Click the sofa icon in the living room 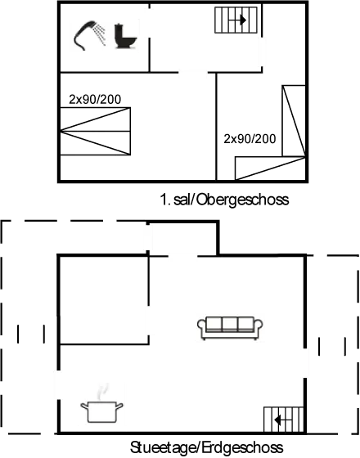[231, 326]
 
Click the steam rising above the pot [101, 389]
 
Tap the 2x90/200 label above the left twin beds [96, 98]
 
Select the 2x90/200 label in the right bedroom [250, 137]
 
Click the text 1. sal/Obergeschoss [225, 199]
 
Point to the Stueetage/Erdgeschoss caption [207, 447]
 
